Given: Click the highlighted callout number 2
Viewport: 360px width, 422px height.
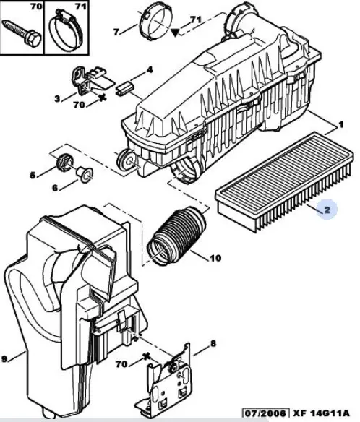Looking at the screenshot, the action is point(327,210).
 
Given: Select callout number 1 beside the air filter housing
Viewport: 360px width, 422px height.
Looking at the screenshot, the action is point(341,124).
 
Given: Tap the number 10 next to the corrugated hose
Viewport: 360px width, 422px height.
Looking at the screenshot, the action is point(215,258).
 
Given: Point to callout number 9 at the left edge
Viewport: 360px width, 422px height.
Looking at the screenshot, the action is point(4,358).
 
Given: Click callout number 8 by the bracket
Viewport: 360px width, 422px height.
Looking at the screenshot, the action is point(213,343).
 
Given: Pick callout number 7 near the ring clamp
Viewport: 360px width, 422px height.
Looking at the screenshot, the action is point(116,32).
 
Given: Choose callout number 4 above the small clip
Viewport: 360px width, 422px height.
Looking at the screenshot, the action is point(150,70).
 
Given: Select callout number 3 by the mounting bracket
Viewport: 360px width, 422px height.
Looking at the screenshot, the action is point(57,99).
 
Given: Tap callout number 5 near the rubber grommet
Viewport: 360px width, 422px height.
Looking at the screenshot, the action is point(33,176).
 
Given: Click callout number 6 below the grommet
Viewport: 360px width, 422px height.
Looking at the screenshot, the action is point(55,188).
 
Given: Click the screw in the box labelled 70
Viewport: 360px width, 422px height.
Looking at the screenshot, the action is point(21,34).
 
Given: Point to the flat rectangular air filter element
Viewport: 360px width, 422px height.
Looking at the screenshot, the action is point(284,181).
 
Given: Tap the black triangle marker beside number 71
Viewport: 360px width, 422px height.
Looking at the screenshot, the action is point(175,33).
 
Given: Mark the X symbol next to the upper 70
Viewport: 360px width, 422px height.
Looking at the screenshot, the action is point(102,98).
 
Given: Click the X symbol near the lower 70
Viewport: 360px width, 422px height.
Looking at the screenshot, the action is point(147,357).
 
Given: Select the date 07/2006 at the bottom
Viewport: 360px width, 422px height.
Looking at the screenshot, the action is point(265,413).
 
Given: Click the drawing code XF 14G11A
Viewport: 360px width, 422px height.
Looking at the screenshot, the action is point(321,413).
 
